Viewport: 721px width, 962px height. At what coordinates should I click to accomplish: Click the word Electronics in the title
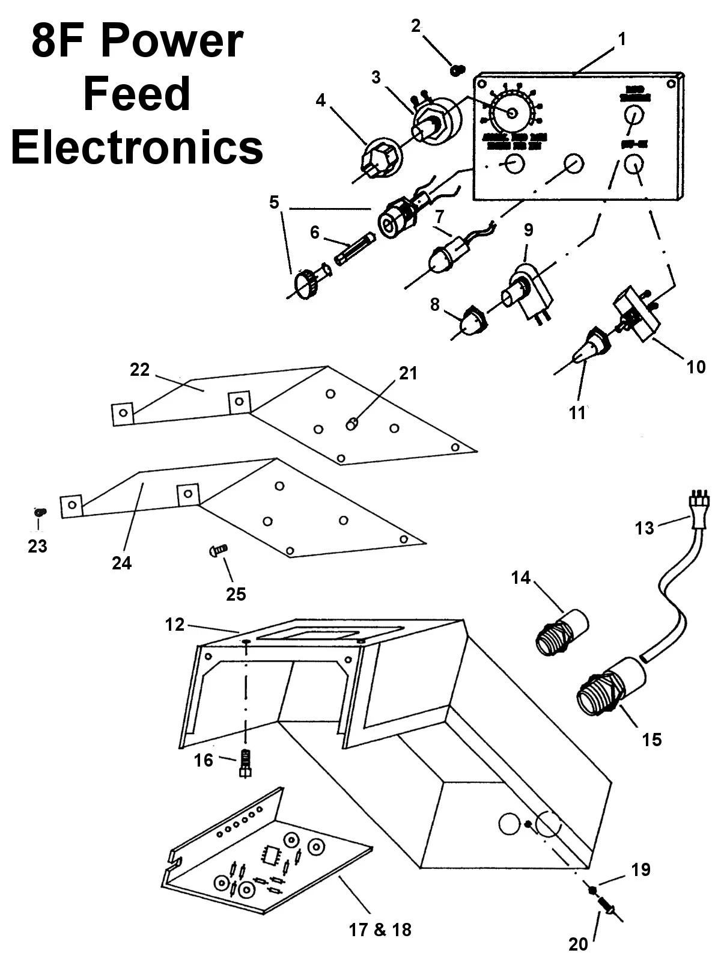pyautogui.click(x=137, y=147)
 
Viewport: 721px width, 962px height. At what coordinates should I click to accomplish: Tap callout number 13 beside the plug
pyautogui.click(x=644, y=528)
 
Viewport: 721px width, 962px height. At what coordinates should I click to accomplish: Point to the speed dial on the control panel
pyautogui.click(x=511, y=112)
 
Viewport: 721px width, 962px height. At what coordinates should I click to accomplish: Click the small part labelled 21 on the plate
pyautogui.click(x=352, y=424)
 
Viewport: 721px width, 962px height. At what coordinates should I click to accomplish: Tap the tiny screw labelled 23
pyautogui.click(x=39, y=512)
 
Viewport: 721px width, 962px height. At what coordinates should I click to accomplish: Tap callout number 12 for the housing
pyautogui.click(x=175, y=625)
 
